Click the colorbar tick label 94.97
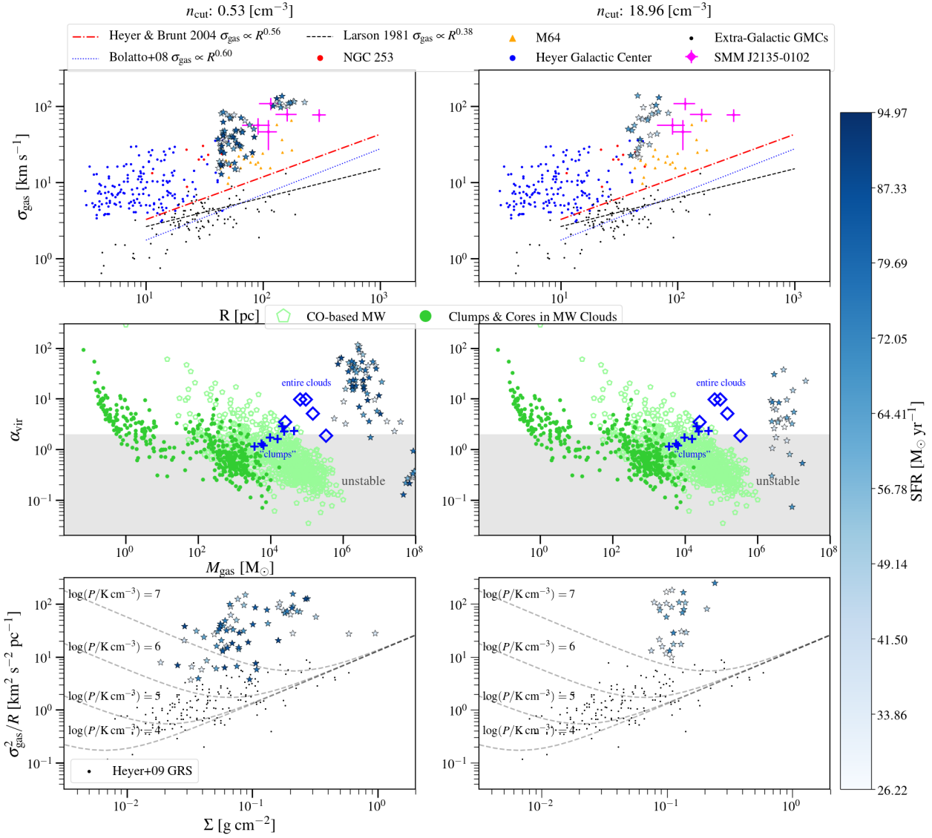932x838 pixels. click(x=892, y=113)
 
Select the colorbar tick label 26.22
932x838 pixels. click(x=892, y=791)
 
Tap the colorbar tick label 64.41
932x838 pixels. click(x=892, y=415)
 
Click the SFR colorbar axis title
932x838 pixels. click(x=917, y=451)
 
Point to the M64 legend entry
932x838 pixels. click(x=548, y=38)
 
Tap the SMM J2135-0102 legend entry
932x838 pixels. click(x=761, y=57)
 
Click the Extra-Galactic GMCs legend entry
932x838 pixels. click(x=771, y=38)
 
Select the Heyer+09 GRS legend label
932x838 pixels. click(x=152, y=771)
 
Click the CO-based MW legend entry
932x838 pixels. click(x=345, y=317)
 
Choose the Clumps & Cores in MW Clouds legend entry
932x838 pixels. click(x=532, y=317)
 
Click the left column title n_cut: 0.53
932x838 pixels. click(x=239, y=10)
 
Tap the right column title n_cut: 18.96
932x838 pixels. click(x=654, y=10)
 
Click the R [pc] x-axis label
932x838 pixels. click(x=239, y=315)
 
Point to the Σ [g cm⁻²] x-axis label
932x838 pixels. click(x=239, y=825)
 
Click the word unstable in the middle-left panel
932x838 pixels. click(x=363, y=481)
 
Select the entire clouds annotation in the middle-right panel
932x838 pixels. click(x=721, y=383)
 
